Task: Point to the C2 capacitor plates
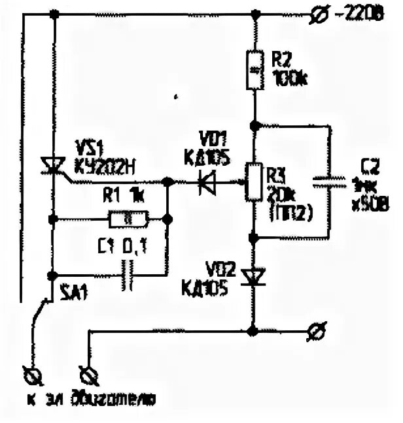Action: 328,180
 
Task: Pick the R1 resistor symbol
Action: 126,219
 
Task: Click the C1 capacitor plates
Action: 129,275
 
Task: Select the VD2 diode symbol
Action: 253,277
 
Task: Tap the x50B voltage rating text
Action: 370,206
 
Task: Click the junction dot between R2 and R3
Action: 253,124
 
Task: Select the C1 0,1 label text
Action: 125,246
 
